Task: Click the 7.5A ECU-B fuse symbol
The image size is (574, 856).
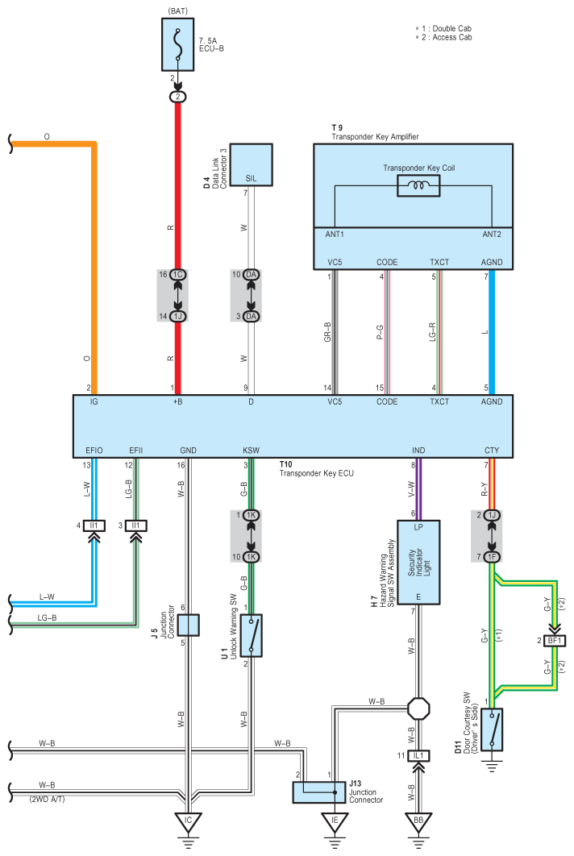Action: click(177, 44)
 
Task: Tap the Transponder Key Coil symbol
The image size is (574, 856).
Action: click(418, 186)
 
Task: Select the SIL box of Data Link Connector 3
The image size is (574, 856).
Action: click(251, 165)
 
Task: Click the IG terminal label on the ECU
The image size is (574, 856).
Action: click(94, 401)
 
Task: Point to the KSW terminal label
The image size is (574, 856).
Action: click(252, 451)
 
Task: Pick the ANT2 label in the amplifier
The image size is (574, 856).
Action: click(492, 235)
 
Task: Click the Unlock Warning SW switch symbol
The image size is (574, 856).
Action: click(251, 635)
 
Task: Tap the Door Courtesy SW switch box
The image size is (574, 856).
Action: click(492, 729)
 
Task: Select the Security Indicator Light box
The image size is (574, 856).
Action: click(418, 563)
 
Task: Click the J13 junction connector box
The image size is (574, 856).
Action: click(319, 792)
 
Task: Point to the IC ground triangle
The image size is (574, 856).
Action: click(188, 822)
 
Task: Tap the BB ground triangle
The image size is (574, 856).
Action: click(418, 822)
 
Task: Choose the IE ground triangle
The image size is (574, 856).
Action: click(335, 822)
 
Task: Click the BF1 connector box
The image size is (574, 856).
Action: click(555, 640)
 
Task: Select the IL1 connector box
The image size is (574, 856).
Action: click(418, 755)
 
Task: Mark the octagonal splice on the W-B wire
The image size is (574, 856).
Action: click(418, 708)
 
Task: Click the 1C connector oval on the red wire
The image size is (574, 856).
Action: click(177, 275)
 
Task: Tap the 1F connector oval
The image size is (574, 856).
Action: click(492, 557)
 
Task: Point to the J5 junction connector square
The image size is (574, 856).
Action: click(188, 625)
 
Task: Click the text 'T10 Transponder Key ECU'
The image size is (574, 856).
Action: click(316, 469)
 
